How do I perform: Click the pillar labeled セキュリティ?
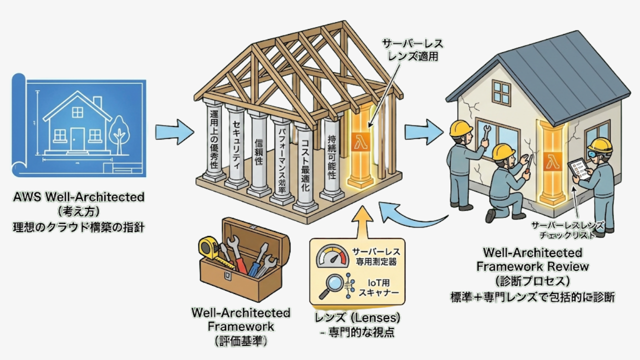pyautogui.click(x=236, y=145)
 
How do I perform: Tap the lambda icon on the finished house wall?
pyautogui.click(x=551, y=162)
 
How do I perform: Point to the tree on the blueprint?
pyautogui.click(x=119, y=132)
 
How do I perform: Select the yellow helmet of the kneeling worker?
pyautogui.click(x=502, y=151)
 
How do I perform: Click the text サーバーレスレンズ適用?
pyautogui.click(x=412, y=49)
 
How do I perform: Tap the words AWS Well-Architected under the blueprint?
pyautogui.click(x=79, y=196)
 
